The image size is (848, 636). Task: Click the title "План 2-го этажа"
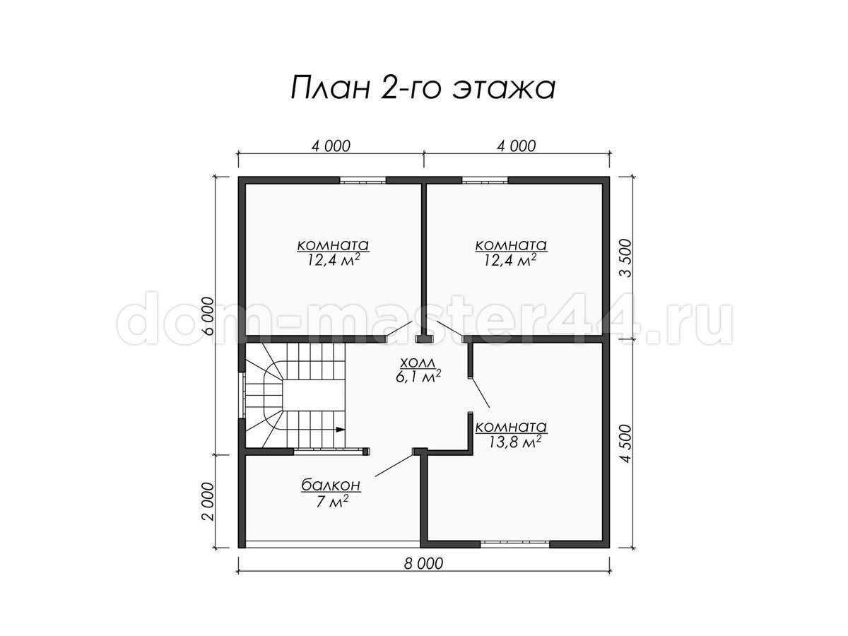(423, 88)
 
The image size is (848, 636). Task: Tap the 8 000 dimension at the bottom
(424, 564)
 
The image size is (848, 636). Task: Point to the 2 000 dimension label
(208, 502)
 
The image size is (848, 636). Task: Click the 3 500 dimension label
(625, 258)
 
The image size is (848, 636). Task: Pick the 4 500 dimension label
(625, 443)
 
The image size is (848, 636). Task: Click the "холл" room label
(418, 363)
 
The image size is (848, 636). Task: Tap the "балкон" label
(331, 485)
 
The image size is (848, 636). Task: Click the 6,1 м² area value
(418, 377)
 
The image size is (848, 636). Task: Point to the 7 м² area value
(333, 501)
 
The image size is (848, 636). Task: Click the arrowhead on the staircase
(340, 429)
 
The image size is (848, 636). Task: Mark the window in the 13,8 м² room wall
(514, 543)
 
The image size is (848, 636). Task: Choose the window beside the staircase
(242, 395)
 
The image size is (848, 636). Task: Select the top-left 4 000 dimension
(331, 146)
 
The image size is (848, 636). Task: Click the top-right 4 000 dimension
(517, 146)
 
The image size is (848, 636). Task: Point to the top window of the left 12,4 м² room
(363, 179)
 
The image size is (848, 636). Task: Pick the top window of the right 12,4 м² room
(485, 179)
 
